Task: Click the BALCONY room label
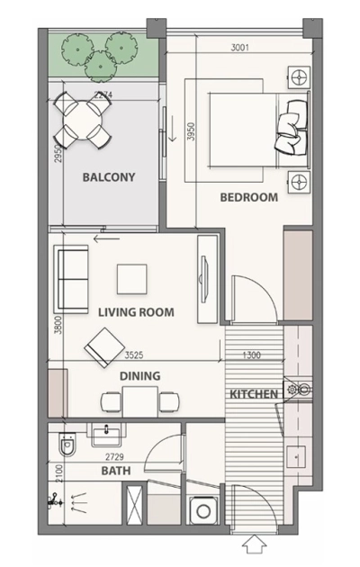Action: (x=108, y=177)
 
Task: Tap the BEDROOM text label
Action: (x=247, y=197)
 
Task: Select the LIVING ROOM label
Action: (x=136, y=312)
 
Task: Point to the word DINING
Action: (x=139, y=376)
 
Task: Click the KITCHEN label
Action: (x=253, y=395)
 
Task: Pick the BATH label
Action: (x=116, y=471)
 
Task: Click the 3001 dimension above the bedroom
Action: (x=239, y=47)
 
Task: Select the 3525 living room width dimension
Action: (x=137, y=355)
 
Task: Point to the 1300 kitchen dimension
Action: (x=252, y=355)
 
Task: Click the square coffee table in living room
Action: (x=132, y=278)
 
